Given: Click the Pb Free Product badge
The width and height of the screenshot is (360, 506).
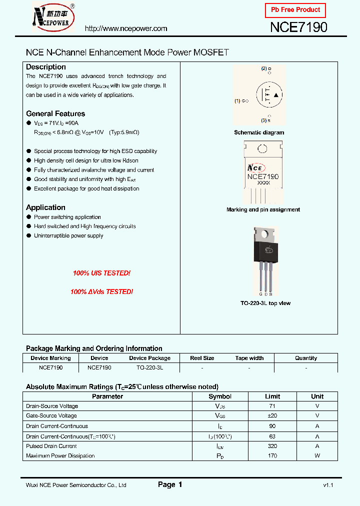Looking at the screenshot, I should click(295, 10).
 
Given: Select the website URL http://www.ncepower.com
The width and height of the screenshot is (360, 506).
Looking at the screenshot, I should click(125, 28).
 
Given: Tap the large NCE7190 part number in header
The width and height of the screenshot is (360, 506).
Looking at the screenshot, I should click(298, 27).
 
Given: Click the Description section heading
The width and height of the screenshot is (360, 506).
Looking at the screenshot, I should click(46, 67).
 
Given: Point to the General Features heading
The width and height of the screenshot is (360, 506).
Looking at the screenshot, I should click(55, 113).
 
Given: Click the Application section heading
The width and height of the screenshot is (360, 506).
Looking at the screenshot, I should click(45, 207).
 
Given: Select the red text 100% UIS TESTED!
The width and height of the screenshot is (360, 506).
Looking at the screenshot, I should click(101, 273).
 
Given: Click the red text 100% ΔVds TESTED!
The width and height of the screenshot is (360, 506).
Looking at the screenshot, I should click(101, 291).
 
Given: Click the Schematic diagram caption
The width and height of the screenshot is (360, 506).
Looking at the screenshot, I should click(259, 132).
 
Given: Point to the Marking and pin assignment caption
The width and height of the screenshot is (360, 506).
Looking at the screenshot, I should click(263, 209).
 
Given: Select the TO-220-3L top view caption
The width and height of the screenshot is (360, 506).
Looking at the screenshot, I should click(265, 303).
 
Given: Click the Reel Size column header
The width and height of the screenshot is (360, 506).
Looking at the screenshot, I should click(202, 358).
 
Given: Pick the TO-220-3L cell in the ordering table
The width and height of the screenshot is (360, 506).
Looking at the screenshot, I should click(149, 367).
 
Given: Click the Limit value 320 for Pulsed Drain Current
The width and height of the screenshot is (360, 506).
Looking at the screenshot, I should click(272, 446).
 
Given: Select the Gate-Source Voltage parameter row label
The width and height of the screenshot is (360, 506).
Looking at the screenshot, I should click(51, 415).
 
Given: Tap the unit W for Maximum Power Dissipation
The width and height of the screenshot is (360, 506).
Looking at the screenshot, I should click(317, 455).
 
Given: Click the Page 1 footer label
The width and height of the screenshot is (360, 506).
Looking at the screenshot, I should click(170, 484).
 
